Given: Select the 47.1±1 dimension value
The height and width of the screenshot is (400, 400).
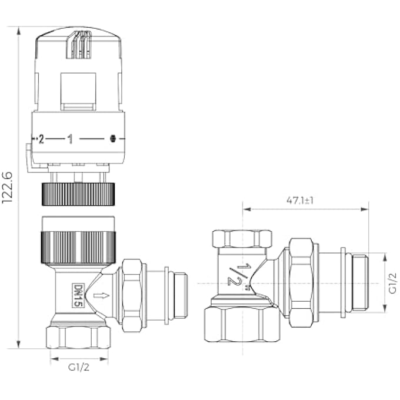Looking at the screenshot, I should [x=300, y=200].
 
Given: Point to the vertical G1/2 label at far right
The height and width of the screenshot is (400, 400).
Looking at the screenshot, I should [x=392, y=283].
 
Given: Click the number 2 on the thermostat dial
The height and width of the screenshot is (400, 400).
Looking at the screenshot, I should [x=41, y=139].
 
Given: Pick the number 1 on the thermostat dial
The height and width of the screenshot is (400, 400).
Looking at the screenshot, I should [x=70, y=139].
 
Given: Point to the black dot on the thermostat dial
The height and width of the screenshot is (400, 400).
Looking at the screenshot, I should [x=113, y=139].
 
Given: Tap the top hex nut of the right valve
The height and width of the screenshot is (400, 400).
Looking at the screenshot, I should [x=242, y=238].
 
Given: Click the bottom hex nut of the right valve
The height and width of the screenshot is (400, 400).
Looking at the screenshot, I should [x=242, y=324].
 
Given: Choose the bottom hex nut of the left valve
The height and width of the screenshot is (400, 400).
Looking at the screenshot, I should [x=78, y=336].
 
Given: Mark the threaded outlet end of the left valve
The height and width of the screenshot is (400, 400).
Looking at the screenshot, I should [x=179, y=295].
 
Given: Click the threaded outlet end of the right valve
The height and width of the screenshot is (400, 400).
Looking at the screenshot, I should [x=359, y=283].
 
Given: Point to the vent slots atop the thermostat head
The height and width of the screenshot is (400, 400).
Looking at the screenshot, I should [x=79, y=46].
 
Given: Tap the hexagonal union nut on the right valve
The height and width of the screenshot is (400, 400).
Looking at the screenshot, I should [x=301, y=283].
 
